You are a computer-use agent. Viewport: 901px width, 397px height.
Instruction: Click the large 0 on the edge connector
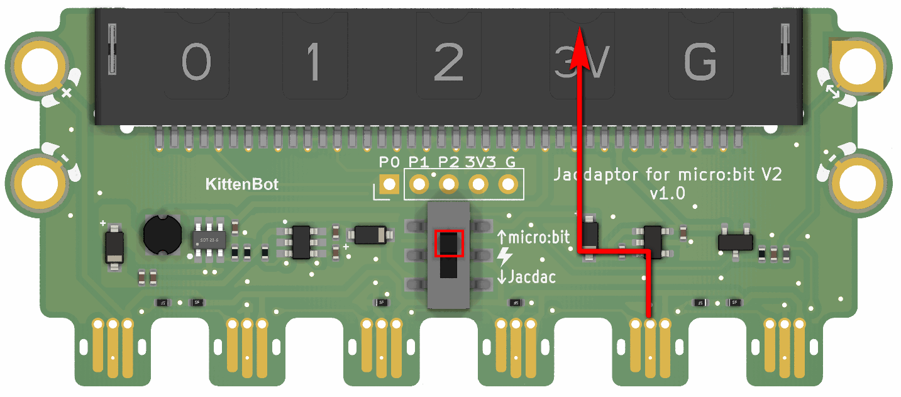196,64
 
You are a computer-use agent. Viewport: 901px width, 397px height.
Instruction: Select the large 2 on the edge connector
448,64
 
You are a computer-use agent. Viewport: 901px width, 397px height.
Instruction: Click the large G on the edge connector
700,64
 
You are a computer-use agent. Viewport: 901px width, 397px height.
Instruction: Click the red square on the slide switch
449,243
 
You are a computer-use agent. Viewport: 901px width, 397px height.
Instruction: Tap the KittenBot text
242,185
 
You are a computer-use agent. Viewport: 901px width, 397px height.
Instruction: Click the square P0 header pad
390,185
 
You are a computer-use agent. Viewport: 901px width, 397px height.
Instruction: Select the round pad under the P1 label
418,185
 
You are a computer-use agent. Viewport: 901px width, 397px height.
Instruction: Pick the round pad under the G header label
508,185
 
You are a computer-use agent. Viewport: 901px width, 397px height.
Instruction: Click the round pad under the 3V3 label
478,185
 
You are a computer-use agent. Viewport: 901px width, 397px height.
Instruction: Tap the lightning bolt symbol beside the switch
504,257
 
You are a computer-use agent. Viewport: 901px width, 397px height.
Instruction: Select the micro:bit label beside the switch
539,238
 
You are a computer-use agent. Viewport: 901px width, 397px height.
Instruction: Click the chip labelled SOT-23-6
209,239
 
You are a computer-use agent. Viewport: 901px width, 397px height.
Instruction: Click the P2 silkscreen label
448,162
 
